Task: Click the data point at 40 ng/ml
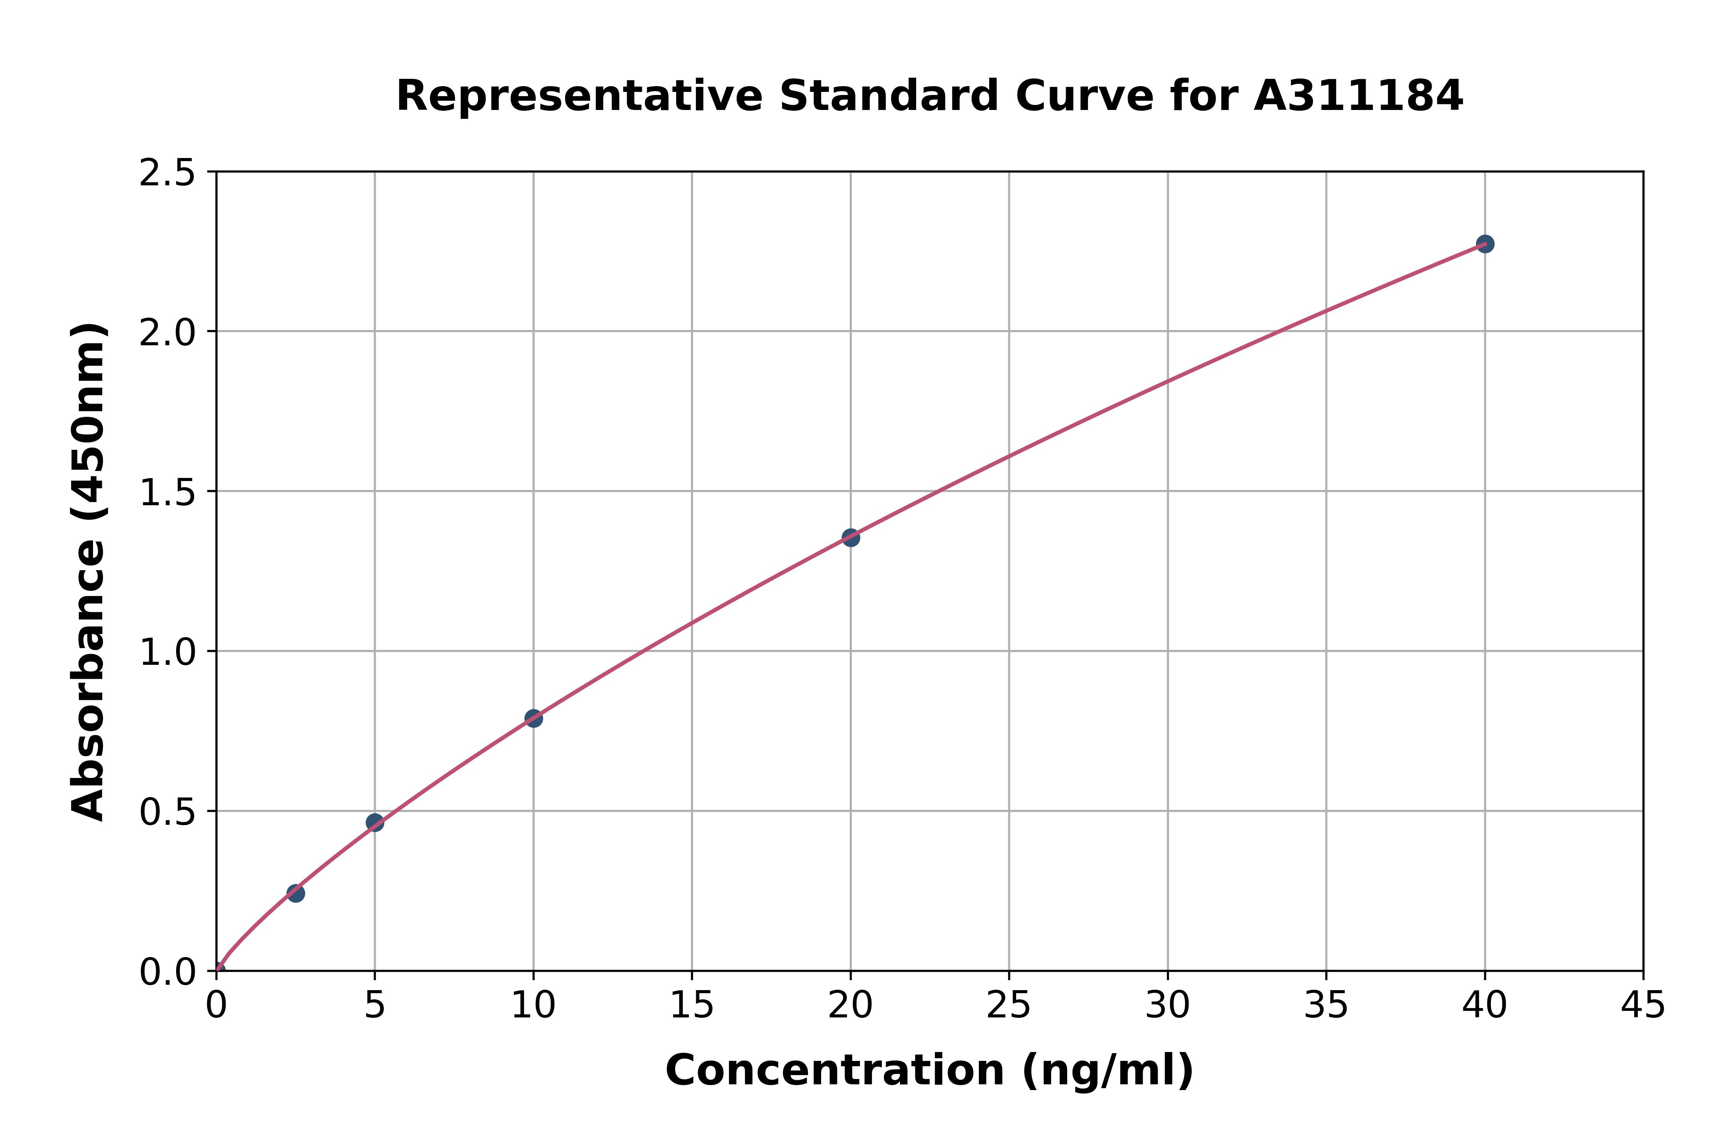pyautogui.click(x=1485, y=244)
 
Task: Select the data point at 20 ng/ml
pyautogui.click(x=850, y=538)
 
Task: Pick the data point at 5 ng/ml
pyautogui.click(x=375, y=823)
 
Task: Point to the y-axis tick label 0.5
pyautogui.click(x=168, y=812)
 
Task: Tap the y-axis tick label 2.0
pyautogui.click(x=168, y=333)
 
